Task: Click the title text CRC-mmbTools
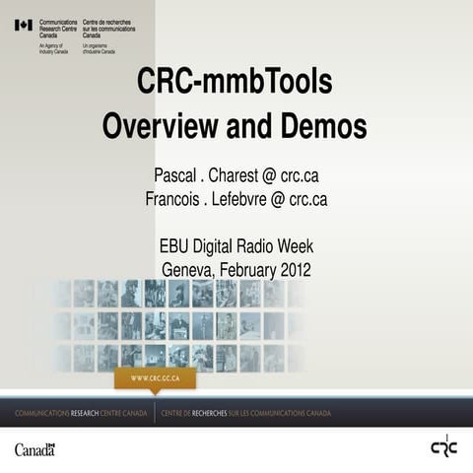tap(235, 82)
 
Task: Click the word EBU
tap(174, 246)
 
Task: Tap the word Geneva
tap(188, 268)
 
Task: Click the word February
tap(246, 268)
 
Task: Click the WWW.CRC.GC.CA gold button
tap(155, 378)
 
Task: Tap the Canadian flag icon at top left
tap(23, 25)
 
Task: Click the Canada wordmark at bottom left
tap(34, 449)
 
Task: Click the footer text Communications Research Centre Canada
tap(79, 413)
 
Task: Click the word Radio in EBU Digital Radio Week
tap(258, 246)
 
